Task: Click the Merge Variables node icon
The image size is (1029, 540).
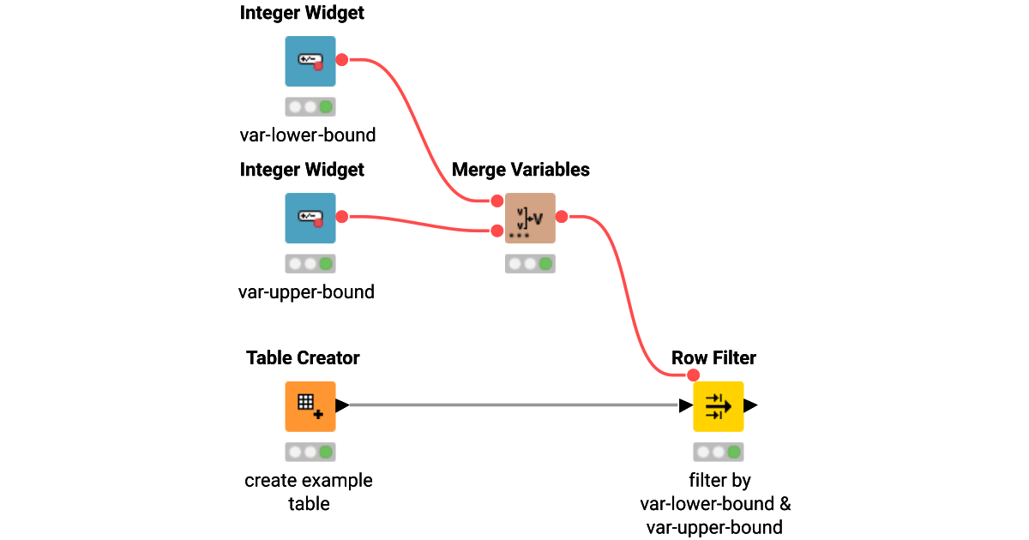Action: (x=530, y=219)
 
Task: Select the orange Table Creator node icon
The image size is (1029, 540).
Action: (x=310, y=406)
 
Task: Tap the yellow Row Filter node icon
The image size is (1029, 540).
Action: (x=718, y=406)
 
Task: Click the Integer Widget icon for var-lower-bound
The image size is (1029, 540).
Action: (x=310, y=61)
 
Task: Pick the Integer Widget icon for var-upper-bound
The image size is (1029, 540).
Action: (x=310, y=218)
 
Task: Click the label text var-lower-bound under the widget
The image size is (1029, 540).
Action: (x=307, y=135)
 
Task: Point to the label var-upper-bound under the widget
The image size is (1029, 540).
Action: (x=306, y=292)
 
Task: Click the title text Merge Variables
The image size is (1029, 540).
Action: (x=521, y=170)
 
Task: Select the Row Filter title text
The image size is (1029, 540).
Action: (x=713, y=357)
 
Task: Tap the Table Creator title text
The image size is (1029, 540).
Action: (x=303, y=357)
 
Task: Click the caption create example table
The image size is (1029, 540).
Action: (x=309, y=492)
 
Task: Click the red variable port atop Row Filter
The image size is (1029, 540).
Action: (x=694, y=375)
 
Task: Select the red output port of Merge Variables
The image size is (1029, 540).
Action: (x=562, y=218)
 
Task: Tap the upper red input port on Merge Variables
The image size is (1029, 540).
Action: (x=496, y=201)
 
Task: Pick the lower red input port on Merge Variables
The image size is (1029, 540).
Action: (x=496, y=231)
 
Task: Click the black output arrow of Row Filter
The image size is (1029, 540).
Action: (x=751, y=405)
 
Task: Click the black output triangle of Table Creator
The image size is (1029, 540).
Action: (x=341, y=405)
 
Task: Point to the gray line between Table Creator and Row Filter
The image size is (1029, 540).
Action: (x=514, y=405)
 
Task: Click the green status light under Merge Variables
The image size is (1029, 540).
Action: (x=546, y=264)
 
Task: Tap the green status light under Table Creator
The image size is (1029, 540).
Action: (x=325, y=452)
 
